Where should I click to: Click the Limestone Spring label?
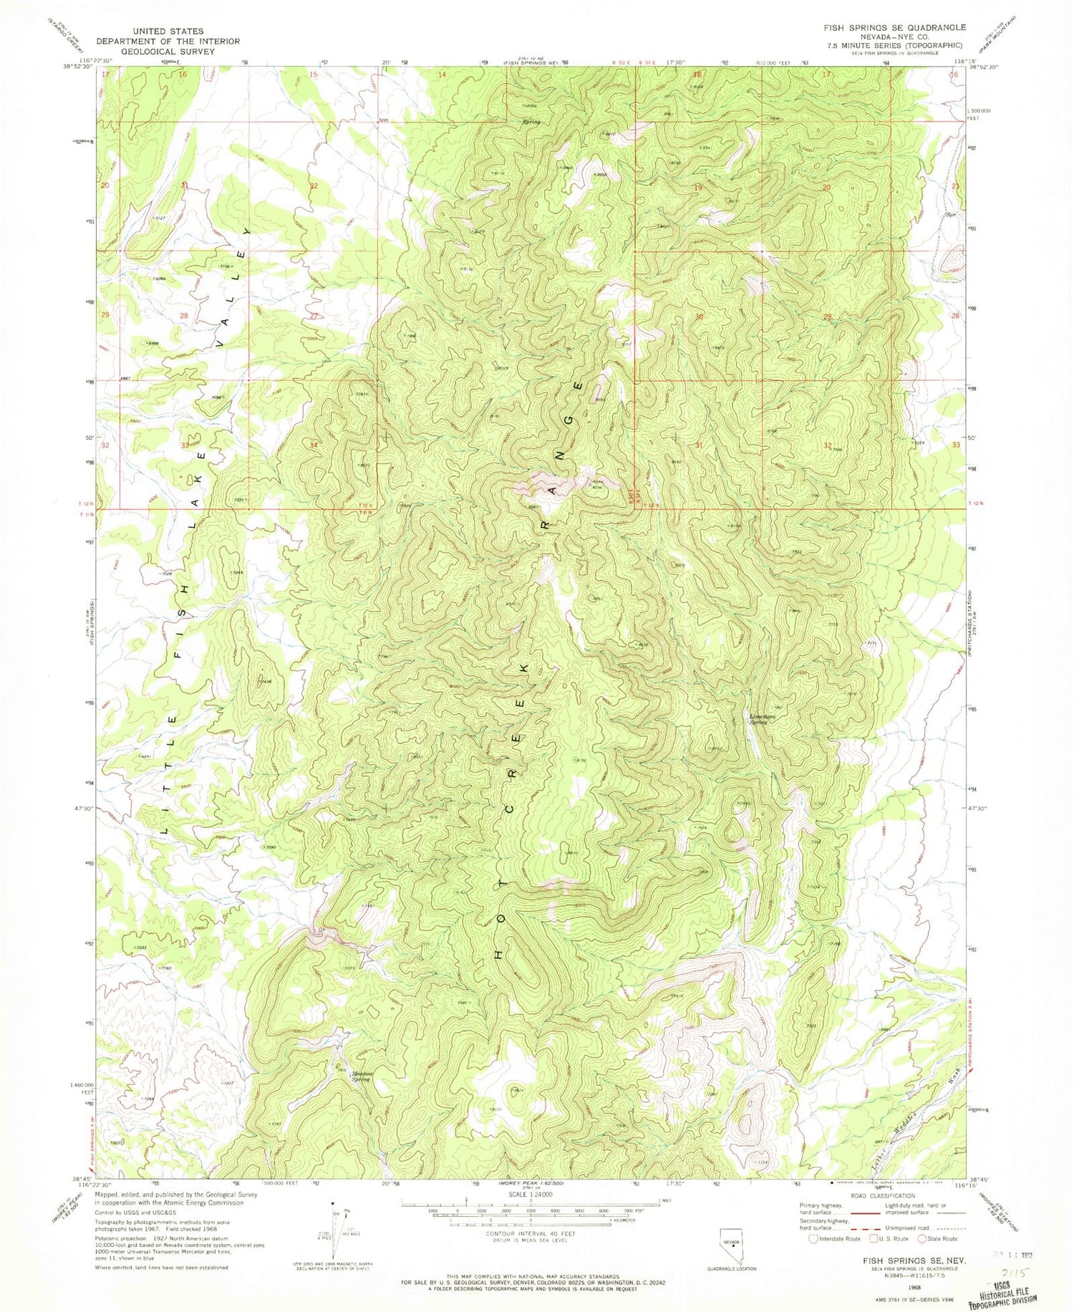click(758, 719)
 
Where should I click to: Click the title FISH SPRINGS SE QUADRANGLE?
click(894, 27)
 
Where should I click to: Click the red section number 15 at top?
click(313, 74)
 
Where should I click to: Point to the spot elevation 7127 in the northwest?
click(158, 218)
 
